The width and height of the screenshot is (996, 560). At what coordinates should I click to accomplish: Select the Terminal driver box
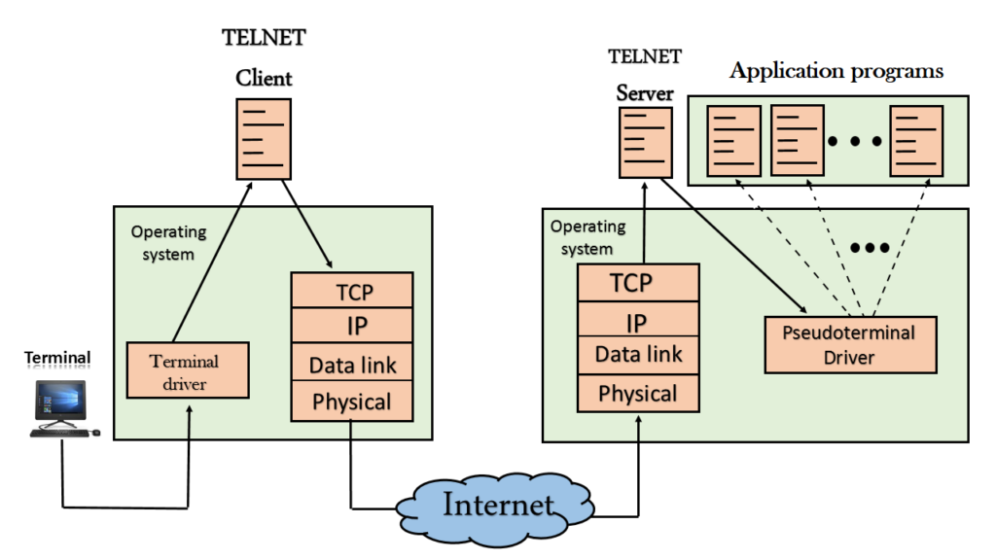click(184, 372)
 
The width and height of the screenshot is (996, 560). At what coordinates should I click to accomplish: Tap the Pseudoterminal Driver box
click(849, 345)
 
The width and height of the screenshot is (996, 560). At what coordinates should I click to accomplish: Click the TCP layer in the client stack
click(353, 291)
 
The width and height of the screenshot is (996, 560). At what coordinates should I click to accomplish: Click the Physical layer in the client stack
click(353, 402)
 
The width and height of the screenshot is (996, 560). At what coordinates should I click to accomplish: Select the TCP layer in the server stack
click(638, 283)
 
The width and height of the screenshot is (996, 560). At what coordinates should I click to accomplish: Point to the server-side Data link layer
click(638, 355)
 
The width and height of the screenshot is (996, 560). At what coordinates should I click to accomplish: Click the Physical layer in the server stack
click(638, 394)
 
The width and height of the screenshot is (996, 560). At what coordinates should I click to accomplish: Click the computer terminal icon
click(63, 407)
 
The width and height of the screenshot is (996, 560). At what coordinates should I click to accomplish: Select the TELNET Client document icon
click(264, 138)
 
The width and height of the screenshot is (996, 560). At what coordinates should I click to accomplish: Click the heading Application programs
click(836, 71)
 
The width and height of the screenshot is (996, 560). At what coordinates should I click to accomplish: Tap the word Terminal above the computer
click(58, 359)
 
